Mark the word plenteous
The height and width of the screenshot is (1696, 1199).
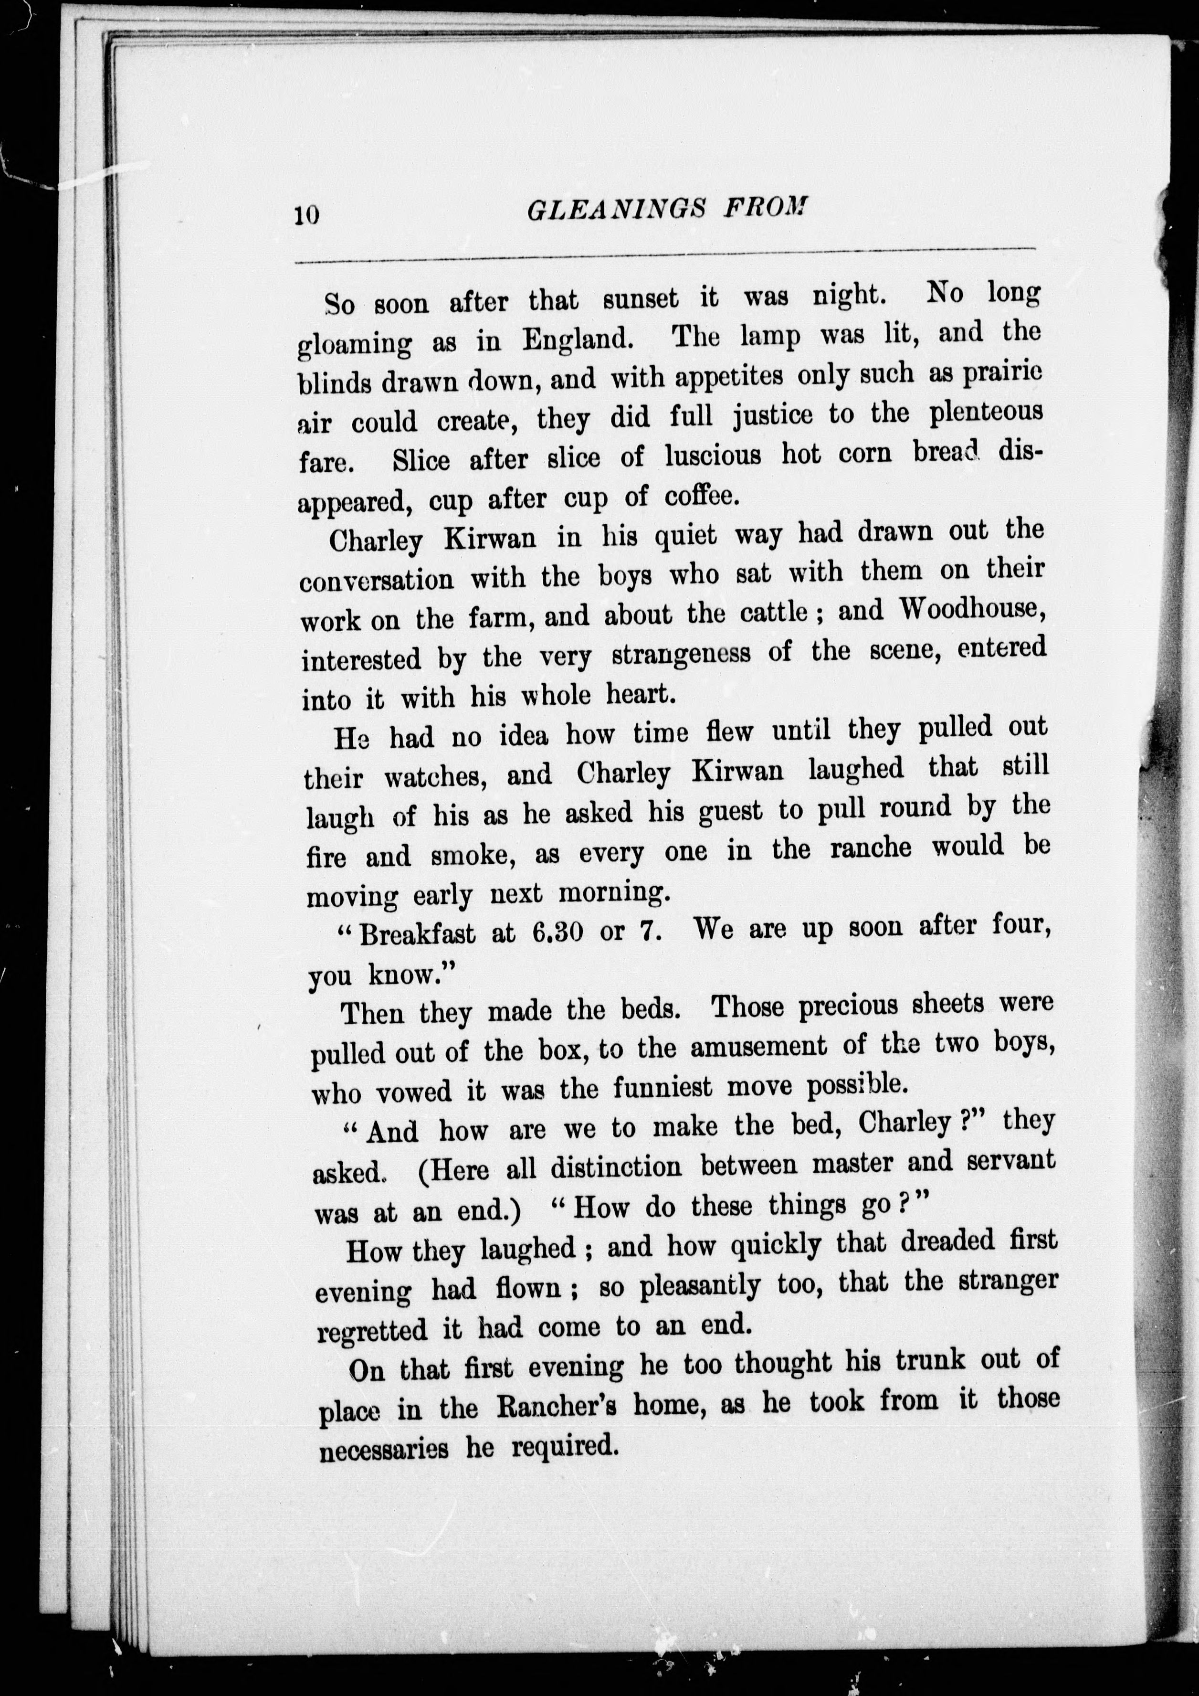pyautogui.click(x=986, y=412)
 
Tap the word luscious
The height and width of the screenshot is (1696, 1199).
pyautogui.click(x=713, y=455)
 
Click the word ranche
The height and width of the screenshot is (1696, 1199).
pyautogui.click(x=871, y=848)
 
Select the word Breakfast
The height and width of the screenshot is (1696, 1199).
pyautogui.click(x=417, y=934)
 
